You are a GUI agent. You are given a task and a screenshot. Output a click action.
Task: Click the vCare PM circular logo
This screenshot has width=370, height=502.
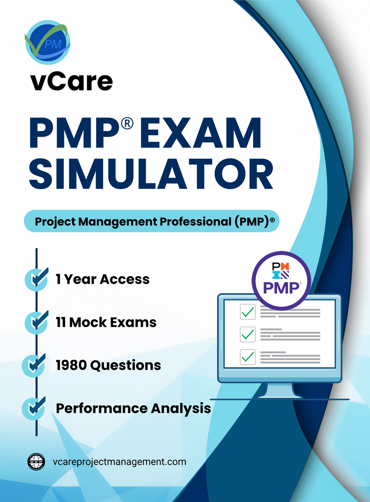47,42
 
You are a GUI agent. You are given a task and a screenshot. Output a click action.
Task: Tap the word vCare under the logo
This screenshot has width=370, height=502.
71,82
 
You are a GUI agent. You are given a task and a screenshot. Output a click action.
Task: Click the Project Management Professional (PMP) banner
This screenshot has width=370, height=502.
151,221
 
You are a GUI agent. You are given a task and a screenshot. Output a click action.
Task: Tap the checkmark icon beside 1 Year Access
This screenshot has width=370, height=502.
36,279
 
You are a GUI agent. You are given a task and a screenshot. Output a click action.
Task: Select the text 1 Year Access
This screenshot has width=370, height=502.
103,279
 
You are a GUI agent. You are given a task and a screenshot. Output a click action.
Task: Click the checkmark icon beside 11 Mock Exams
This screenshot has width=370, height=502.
36,321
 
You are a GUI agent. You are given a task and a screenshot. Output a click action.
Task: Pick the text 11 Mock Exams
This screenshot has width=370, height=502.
106,322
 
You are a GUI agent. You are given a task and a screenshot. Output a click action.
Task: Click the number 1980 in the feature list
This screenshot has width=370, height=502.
71,365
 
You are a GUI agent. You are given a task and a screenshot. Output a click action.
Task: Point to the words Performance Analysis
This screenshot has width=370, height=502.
133,408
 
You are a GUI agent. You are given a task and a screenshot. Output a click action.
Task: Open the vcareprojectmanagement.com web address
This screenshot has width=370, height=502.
120,462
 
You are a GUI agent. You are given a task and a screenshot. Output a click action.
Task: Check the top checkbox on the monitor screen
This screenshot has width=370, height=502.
248,312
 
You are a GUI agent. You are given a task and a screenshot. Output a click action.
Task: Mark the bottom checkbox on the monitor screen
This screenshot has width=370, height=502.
248,356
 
